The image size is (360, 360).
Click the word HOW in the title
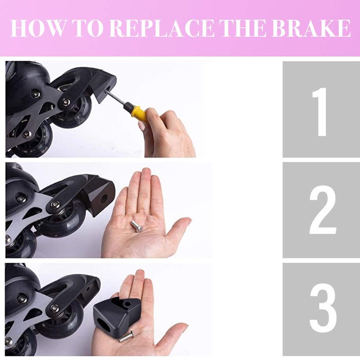tap(38, 28)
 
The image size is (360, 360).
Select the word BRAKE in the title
tap(311, 28)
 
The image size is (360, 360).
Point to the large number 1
tap(320, 112)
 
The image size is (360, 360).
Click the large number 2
tap(323, 210)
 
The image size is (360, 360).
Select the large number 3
tap(323, 307)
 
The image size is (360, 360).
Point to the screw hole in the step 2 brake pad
tap(105, 197)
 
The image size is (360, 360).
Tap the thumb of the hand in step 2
tap(178, 229)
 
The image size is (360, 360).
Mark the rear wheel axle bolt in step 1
tap(66, 100)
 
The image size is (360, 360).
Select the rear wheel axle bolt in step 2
tap(55, 204)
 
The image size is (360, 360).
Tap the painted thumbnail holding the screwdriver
tap(141, 126)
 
